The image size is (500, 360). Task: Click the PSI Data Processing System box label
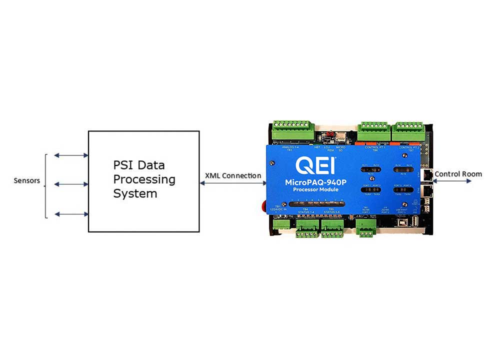click(144, 179)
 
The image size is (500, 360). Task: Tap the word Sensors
click(26, 180)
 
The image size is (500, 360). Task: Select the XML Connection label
click(233, 175)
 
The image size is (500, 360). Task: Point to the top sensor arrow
click(71, 155)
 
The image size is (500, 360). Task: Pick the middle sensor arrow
click(71, 184)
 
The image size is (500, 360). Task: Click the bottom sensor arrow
click(71, 214)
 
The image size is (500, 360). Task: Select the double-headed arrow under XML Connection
click(233, 183)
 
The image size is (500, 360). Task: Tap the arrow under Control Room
click(452, 181)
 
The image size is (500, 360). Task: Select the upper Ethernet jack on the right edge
click(426, 174)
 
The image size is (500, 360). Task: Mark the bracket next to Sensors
click(46, 186)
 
